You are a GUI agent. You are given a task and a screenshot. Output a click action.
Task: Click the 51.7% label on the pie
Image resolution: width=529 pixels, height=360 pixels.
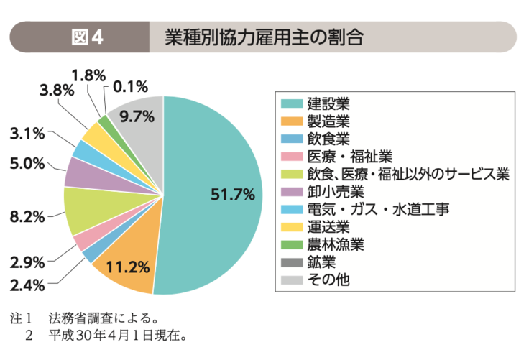coord(233,194)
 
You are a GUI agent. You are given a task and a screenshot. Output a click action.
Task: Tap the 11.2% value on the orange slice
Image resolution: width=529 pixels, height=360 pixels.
coord(127,267)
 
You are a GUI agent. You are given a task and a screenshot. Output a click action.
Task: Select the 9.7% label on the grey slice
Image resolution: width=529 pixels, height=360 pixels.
coord(137,116)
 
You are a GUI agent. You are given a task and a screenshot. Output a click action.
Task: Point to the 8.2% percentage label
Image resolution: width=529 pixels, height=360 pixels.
coord(29,216)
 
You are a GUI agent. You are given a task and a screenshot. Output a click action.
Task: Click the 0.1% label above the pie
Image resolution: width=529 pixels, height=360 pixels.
coord(131,87)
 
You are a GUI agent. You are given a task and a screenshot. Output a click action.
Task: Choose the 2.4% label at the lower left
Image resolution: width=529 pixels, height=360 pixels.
coord(29,285)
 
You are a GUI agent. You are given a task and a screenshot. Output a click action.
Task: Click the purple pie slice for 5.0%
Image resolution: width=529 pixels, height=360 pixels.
coord(78,170)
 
